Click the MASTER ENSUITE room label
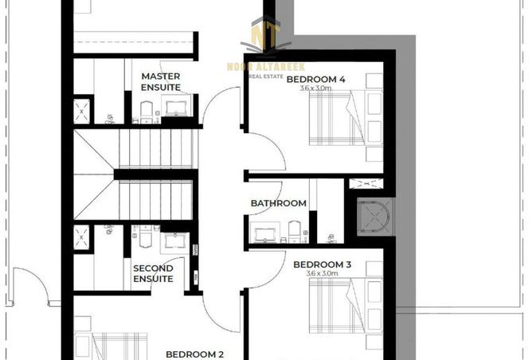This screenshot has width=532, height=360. [161, 81]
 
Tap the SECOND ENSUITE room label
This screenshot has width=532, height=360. [153, 274]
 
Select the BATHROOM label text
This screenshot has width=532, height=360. [278, 203]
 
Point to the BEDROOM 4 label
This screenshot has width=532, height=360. [315, 80]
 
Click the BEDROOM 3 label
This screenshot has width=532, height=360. [323, 264]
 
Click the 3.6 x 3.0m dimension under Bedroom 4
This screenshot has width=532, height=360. [315, 89]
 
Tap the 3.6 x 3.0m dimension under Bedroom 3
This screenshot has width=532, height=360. [322, 274]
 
